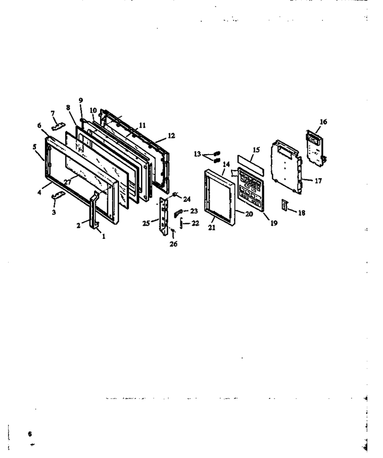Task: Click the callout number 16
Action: pos(323,122)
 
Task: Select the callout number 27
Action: pos(68,182)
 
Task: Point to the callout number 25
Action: pos(146,223)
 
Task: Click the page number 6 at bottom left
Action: pos(30,434)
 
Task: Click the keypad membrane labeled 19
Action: pos(251,189)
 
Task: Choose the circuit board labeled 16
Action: pos(316,148)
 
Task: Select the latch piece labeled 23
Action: pos(178,213)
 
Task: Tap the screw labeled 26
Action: pos(173,233)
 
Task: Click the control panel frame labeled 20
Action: pos(220,198)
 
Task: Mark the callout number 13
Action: pos(198,154)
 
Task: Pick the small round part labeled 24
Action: pos(175,194)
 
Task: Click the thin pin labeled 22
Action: pos(181,224)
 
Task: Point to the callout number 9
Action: pos(81,100)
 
